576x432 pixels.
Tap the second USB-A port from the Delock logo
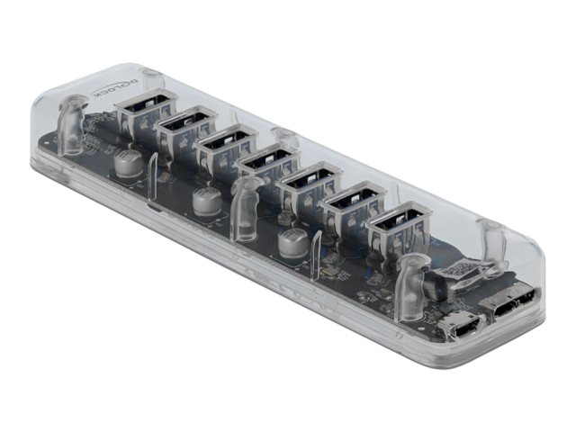(x=187, y=126)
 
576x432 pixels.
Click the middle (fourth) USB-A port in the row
(x=268, y=165)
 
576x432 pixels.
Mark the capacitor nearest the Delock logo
(x=127, y=163)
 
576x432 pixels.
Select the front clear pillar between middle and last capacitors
(x=245, y=209)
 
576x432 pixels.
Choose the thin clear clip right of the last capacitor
(x=315, y=256)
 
